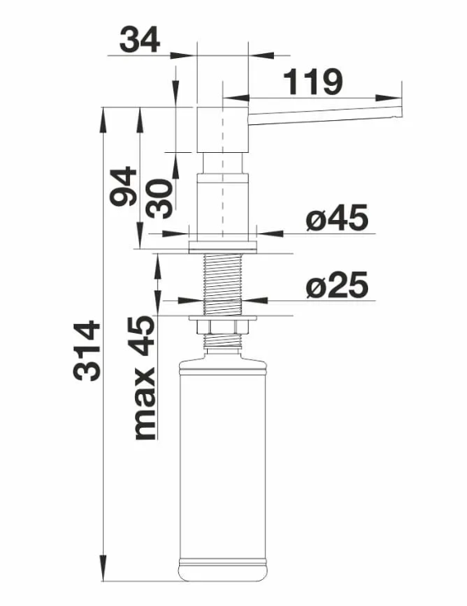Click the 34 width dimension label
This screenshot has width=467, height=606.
[x=140, y=40]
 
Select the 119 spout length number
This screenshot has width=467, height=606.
[x=312, y=82]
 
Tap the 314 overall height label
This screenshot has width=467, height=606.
[x=88, y=351]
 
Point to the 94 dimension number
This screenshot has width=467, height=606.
[x=123, y=186]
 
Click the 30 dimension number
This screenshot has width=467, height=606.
[x=159, y=199]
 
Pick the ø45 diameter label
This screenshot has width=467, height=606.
[x=337, y=218]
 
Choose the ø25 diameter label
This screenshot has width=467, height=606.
[x=337, y=285]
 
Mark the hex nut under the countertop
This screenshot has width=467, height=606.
[x=222, y=327]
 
